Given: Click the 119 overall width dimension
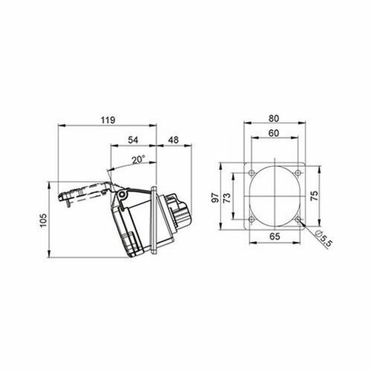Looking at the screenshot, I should point(108,120).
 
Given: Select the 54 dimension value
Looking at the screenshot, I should point(133,141).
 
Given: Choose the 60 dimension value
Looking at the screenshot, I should point(275,133).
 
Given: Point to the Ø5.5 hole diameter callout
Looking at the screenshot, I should point(325,240).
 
